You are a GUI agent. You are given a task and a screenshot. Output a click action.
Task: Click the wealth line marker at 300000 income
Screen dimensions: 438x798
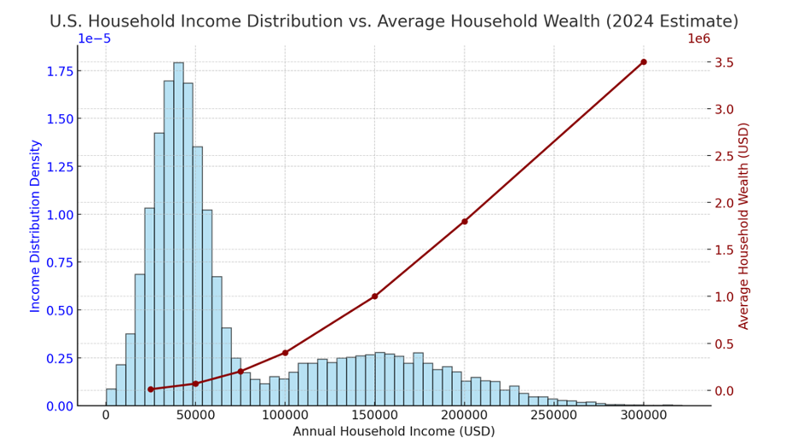click(x=643, y=62)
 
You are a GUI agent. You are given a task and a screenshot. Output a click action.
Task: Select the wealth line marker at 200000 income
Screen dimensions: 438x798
click(x=465, y=222)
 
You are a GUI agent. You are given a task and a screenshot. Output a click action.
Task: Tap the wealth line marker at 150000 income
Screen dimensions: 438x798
click(x=374, y=297)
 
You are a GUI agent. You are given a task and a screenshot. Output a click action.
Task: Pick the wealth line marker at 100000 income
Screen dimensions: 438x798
click(x=285, y=353)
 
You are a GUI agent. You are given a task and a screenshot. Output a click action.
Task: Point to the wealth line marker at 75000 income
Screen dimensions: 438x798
click(x=240, y=372)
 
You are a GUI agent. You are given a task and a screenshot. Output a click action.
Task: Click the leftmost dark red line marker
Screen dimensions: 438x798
click(x=150, y=389)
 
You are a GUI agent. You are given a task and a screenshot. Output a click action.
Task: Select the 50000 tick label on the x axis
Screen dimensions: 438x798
click(x=195, y=416)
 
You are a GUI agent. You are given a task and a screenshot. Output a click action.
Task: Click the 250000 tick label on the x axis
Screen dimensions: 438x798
click(x=554, y=416)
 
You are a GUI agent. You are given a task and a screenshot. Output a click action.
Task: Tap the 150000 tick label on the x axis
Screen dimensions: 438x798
click(x=374, y=416)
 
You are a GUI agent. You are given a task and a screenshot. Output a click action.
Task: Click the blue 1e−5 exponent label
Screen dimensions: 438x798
click(x=94, y=38)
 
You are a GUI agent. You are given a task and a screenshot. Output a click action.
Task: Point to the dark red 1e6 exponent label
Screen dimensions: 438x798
click(x=698, y=38)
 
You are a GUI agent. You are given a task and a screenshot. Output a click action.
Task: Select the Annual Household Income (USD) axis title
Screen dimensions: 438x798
click(x=393, y=430)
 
